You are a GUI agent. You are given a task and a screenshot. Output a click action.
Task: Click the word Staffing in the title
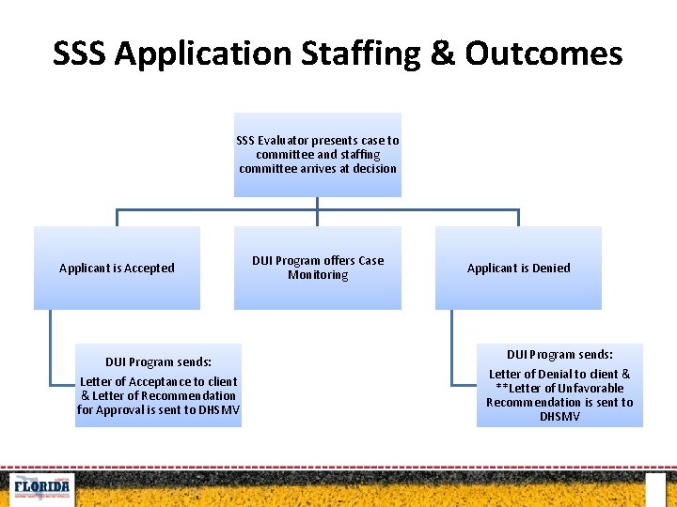click(363, 54)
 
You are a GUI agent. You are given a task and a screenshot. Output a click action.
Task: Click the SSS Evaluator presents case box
click(318, 155)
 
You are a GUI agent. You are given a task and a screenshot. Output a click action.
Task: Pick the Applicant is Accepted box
click(117, 268)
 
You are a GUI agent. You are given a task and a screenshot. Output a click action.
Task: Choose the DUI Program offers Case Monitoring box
click(318, 268)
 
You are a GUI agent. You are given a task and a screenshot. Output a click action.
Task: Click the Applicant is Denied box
click(518, 268)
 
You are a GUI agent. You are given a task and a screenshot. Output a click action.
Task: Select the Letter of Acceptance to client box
click(158, 386)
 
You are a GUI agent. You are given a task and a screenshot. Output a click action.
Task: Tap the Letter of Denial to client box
click(559, 386)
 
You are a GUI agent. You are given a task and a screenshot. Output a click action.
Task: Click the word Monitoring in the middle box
click(318, 275)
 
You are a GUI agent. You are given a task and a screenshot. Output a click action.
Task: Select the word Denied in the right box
click(550, 269)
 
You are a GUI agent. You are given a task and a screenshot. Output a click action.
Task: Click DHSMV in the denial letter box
click(559, 416)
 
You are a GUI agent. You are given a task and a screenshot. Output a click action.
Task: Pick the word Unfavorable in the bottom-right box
click(591, 388)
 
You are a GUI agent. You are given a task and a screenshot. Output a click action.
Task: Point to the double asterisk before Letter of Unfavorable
click(501, 388)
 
